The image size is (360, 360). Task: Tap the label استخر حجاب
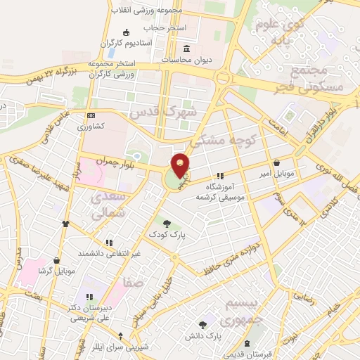pyautogui.click(x=166, y=28)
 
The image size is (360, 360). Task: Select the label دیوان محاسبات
pyautogui.click(x=186, y=60)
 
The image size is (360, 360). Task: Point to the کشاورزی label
pyautogui.click(x=91, y=127)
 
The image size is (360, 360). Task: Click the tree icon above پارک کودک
pyautogui.click(x=166, y=223)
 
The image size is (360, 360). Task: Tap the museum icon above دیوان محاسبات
pyautogui.click(x=186, y=49)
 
